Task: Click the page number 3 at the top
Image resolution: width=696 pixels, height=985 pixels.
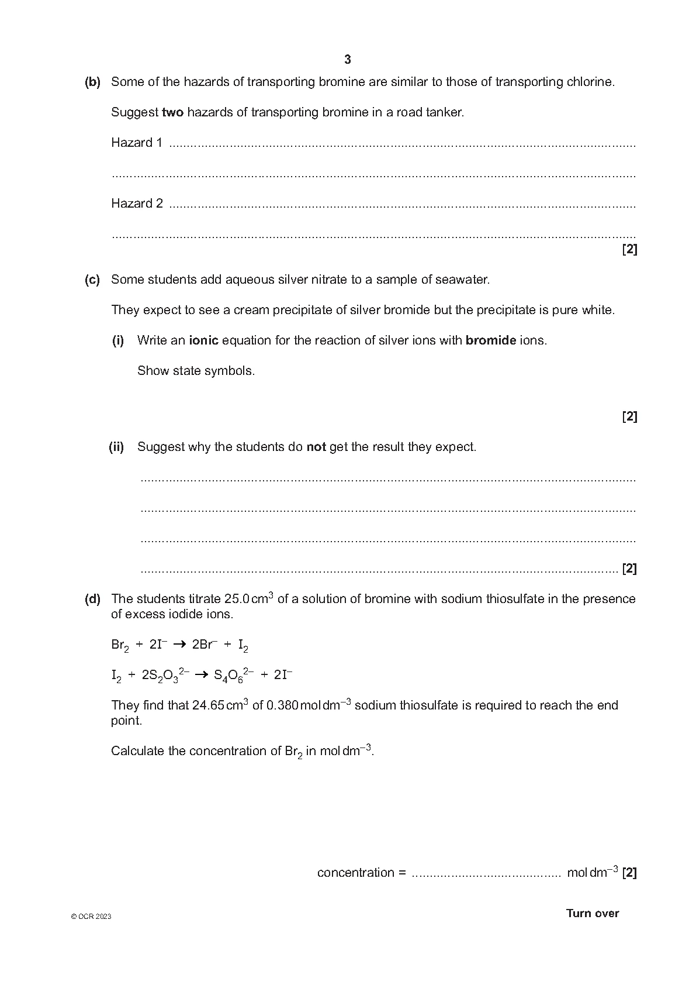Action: (348, 60)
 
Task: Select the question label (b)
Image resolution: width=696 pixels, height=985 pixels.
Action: (92, 82)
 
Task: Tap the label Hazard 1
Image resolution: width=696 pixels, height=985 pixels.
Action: (137, 143)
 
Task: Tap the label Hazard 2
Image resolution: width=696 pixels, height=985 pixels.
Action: (137, 204)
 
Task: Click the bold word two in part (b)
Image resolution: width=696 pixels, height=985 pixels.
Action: (172, 112)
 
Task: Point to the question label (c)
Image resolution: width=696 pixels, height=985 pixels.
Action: (92, 280)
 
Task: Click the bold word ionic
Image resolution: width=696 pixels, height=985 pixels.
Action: (203, 340)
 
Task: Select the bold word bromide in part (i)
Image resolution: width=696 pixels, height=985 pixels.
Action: (490, 340)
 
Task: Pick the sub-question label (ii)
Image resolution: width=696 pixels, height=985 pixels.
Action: (116, 447)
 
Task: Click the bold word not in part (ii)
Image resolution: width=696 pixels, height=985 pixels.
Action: (316, 447)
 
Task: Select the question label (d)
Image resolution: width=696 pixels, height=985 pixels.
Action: (92, 599)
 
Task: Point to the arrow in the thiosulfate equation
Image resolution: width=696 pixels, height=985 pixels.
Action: (201, 675)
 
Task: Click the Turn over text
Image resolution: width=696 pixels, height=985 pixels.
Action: (592, 914)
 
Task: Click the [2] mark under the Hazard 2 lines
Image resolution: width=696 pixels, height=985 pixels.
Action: (629, 250)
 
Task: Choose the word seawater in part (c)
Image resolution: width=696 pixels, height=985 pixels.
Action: (462, 280)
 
